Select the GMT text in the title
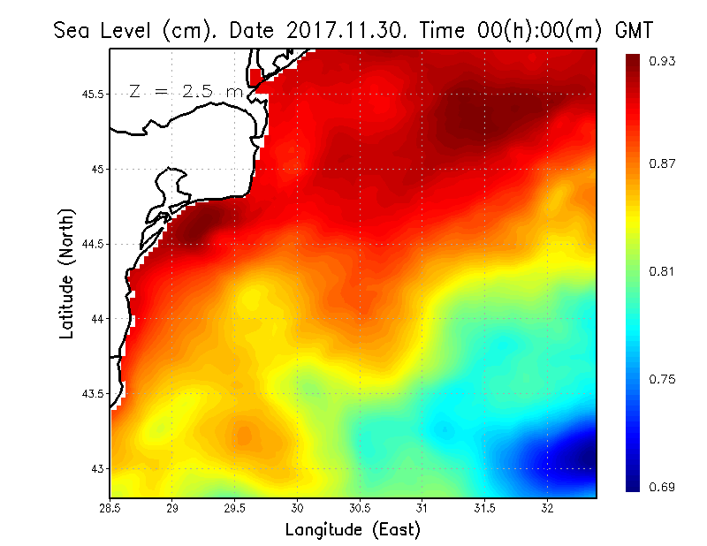tap(633, 29)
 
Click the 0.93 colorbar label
tap(663, 61)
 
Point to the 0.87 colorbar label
tap(663, 164)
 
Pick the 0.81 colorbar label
tap(663, 271)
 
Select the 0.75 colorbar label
tap(663, 379)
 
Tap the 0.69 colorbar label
tap(663, 487)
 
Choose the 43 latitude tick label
tap(97, 468)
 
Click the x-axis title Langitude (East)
tap(353, 529)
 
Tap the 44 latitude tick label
tap(97, 319)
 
